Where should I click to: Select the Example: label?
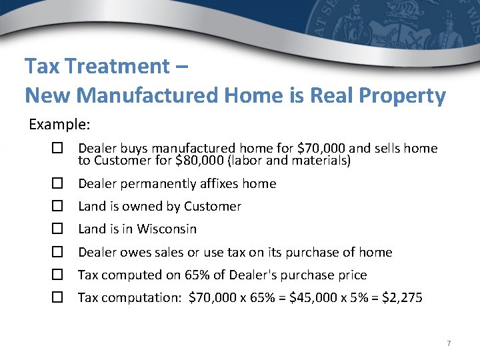click(59, 125)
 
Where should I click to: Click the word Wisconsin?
click(167, 229)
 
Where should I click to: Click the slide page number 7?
click(449, 343)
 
